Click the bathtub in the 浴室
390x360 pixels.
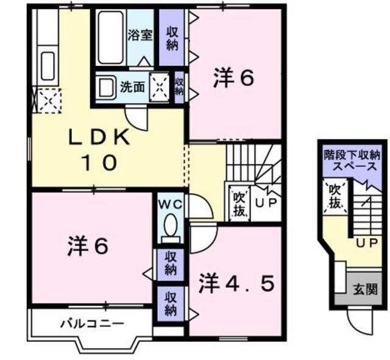click(x=111, y=37)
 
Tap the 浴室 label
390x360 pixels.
click(x=140, y=35)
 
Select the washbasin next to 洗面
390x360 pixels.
click(x=107, y=88)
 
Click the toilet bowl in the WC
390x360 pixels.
click(x=171, y=225)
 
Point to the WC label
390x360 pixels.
click(x=171, y=205)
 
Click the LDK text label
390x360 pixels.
click(x=99, y=138)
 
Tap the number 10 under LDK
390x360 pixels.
click(x=99, y=163)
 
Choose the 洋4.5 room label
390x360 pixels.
click(x=237, y=283)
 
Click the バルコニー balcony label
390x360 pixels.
click(x=93, y=324)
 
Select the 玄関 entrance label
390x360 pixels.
click(x=366, y=289)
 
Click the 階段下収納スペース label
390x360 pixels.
click(x=352, y=160)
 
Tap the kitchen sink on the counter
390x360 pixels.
click(x=48, y=66)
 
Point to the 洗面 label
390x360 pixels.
click(x=132, y=87)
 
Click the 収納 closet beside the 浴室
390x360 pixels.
click(x=172, y=38)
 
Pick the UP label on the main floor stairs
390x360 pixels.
click(x=266, y=203)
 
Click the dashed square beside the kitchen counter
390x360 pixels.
click(x=49, y=101)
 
